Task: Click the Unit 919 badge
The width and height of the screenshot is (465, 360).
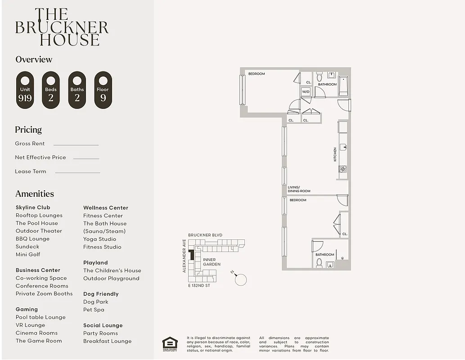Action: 25,90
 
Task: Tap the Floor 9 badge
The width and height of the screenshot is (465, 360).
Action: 103,90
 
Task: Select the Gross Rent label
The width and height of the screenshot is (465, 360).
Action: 30,144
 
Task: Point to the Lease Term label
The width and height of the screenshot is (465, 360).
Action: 31,171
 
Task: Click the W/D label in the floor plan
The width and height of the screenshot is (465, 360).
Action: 306,91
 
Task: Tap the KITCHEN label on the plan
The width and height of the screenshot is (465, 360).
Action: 335,154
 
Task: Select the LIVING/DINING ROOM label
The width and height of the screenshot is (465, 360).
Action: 299,189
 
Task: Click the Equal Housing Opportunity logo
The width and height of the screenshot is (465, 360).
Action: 170,344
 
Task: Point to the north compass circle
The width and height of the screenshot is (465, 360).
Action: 241,279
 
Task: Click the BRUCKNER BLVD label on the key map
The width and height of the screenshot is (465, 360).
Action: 205,235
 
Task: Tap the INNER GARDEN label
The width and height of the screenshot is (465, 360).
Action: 212,262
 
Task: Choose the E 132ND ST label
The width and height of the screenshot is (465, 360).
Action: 199,286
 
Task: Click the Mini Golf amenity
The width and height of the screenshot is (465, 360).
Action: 28,254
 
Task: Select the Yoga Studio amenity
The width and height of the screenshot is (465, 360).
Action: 99,239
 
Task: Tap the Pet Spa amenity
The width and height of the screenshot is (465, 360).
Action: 94,310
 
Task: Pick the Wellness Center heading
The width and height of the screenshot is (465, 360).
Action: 106,208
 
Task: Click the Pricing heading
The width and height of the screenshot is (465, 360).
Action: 28,130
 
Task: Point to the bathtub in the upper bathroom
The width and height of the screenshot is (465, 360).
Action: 343,85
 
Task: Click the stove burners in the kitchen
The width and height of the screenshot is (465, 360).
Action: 343,169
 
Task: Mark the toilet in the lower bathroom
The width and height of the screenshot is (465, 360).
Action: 319,262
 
